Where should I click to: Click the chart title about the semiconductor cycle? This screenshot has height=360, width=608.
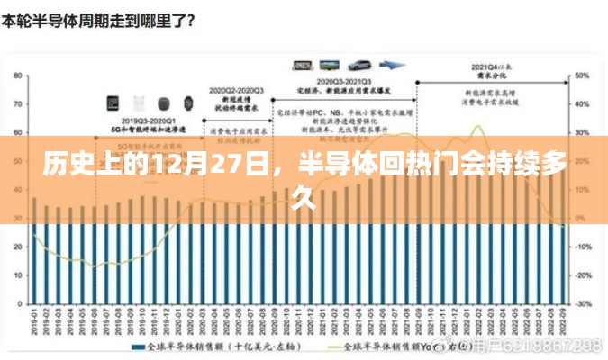[99, 18]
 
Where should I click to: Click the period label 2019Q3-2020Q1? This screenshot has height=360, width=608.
[150, 120]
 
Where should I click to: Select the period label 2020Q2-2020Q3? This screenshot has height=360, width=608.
[237, 92]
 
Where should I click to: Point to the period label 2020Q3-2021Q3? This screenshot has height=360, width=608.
[340, 79]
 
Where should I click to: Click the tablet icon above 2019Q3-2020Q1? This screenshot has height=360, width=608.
[114, 103]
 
